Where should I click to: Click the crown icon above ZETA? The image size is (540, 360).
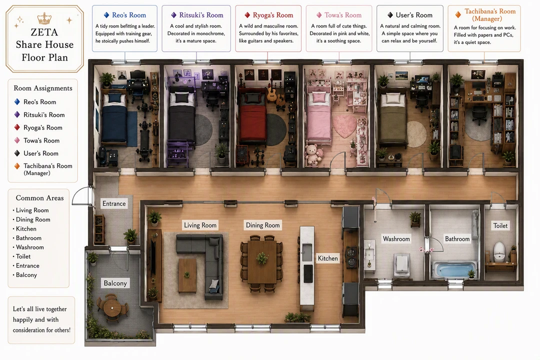(x=44, y=18)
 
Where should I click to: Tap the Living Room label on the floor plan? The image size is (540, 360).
(x=200, y=225)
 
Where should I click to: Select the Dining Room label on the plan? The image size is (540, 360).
(x=263, y=225)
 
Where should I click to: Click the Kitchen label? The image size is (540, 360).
(x=328, y=258)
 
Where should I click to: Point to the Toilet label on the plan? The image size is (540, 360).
(x=500, y=225)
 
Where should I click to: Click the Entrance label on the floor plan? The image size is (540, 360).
(x=114, y=203)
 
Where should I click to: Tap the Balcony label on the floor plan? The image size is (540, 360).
(x=115, y=283)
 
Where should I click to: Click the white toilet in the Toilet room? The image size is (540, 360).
(x=499, y=251)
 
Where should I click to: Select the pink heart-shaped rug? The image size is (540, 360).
(x=344, y=125)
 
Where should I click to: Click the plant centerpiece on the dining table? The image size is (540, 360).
(x=262, y=257)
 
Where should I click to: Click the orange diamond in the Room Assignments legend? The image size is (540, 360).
(x=17, y=166)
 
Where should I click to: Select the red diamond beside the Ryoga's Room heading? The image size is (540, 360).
(x=247, y=15)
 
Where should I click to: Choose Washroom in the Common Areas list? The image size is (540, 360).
(x=29, y=247)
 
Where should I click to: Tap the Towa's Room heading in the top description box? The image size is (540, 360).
(x=343, y=15)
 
